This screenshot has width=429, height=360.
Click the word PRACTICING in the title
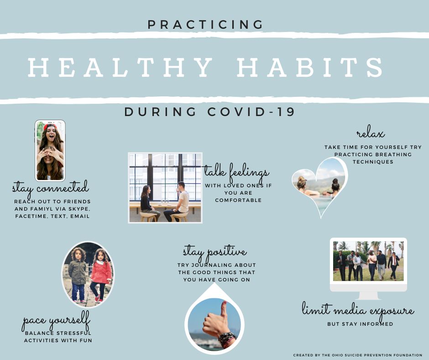click(x=205, y=25)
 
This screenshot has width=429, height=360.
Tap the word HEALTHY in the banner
click(x=120, y=67)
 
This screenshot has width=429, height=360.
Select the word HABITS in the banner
click(x=310, y=67)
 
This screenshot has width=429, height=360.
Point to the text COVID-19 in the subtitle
click(x=251, y=112)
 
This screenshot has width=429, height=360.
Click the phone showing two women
click(x=50, y=151)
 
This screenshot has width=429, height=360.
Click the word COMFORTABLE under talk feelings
click(x=238, y=200)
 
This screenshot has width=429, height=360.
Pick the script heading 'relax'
click(x=371, y=133)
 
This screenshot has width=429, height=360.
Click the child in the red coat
click(x=101, y=275)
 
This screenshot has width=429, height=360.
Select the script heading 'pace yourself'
click(x=56, y=321)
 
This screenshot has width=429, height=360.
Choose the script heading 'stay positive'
click(x=215, y=252)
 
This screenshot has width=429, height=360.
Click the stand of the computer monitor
click(x=368, y=296)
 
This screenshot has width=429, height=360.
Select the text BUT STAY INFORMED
click(x=361, y=324)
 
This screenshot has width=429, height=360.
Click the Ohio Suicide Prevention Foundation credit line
click(x=358, y=355)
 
